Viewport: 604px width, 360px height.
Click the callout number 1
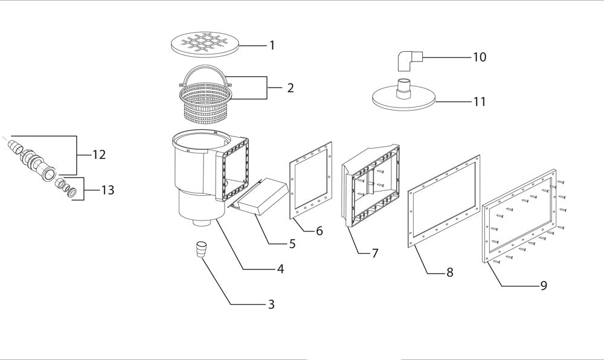pos(272,45)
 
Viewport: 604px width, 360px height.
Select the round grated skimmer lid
pos(205,45)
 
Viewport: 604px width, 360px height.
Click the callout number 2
pos(290,88)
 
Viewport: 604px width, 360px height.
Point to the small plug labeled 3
pos(201,249)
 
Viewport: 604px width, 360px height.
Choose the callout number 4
pos(280,269)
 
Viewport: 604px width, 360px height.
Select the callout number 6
pos(319,231)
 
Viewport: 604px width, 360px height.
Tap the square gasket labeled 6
pos(292,181)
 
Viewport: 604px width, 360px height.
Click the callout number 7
pos(375,253)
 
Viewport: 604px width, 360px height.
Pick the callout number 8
pos(449,272)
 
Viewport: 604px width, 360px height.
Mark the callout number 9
pos(544,285)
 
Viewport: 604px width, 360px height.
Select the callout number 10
pos(480,57)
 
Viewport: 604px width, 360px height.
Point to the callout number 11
pos(480,101)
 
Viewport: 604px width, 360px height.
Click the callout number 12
pos(99,155)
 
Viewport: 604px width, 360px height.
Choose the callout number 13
pos(108,190)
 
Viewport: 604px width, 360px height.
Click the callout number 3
pos(271,304)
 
